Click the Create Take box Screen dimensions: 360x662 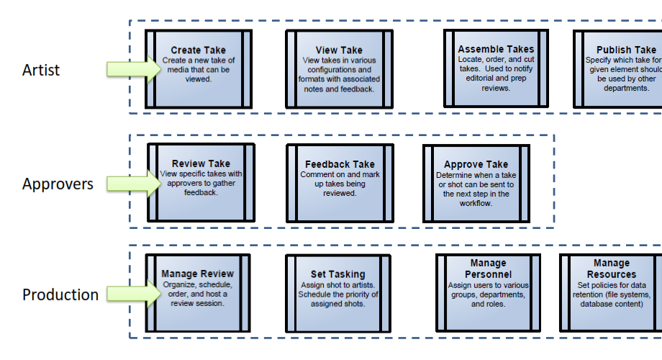199,68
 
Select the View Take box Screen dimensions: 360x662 339,69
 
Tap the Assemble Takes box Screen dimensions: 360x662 496,68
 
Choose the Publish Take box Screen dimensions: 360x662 619,69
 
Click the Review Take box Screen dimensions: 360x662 201,182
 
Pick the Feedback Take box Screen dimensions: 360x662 340,183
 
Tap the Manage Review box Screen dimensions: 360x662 198,291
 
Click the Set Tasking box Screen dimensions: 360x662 338,291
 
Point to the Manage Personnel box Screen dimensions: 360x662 489,291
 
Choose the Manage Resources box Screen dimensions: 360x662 612,291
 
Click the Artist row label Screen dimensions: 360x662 41,71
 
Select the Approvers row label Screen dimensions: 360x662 58,184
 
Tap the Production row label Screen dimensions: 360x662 60,295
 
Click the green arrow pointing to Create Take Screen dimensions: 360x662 133,68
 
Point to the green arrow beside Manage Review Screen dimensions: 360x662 133,294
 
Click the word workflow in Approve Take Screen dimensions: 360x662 476,204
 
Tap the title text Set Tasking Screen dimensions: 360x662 338,274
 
